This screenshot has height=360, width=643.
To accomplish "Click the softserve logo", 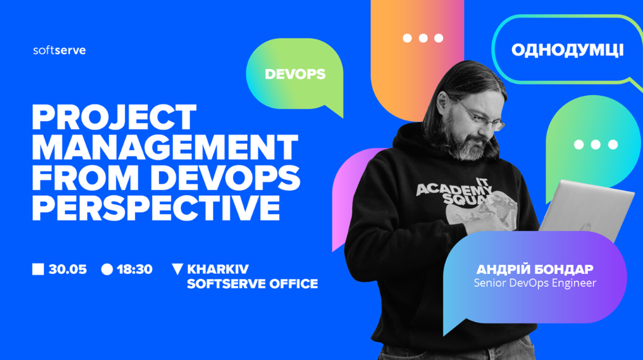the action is (59, 50).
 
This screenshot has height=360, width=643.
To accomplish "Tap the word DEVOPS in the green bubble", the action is (296, 74).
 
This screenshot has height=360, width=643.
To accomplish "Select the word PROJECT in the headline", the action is (114, 118).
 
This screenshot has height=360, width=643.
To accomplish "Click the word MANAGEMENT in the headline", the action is (165, 147).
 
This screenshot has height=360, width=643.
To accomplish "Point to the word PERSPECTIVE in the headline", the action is (156, 207).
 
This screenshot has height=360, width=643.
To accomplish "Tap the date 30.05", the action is (67, 269).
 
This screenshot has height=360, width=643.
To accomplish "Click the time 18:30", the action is (135, 269).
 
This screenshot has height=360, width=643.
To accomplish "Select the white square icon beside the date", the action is (38, 269).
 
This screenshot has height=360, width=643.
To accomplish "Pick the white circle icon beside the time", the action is (107, 269).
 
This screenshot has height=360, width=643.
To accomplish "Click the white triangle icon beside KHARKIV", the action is (177, 269).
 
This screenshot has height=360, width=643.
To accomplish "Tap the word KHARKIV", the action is (218, 269).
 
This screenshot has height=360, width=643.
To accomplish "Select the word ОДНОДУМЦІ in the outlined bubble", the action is (568, 50).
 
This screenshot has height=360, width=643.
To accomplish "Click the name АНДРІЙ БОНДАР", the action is (535, 269).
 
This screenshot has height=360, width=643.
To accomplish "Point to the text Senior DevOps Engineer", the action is (535, 283).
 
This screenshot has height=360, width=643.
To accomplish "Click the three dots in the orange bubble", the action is (423, 38).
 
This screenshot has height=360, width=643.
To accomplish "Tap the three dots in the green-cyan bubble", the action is (596, 145).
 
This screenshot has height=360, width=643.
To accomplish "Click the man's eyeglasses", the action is (482, 116).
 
